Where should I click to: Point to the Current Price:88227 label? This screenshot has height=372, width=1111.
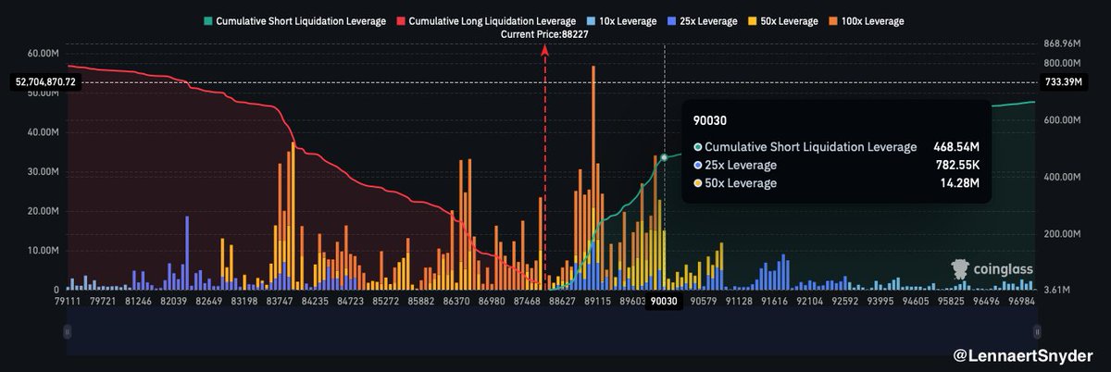click(x=544, y=34)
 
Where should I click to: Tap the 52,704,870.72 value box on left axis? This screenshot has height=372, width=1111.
click(x=45, y=81)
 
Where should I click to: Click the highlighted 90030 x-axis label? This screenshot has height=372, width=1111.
click(x=664, y=301)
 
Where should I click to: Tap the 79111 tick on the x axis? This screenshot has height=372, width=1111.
click(x=68, y=301)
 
